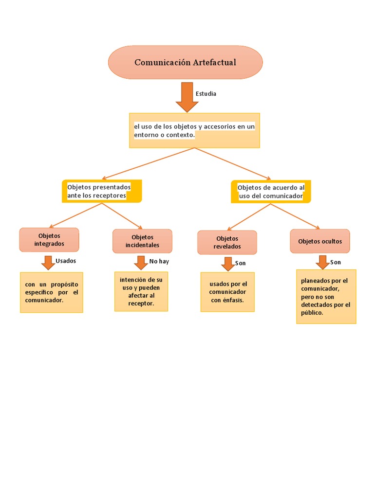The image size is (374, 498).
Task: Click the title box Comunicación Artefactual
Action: (185, 62)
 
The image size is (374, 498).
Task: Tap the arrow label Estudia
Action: (206, 93)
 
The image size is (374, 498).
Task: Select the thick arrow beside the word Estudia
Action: (187, 96)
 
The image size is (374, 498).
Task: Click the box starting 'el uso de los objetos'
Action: (194, 130)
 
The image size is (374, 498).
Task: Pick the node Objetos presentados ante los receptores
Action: (102, 191)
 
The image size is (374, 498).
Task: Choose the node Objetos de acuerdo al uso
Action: (271, 191)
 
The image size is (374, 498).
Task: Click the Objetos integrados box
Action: (49, 240)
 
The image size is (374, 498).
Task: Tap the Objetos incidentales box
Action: (142, 241)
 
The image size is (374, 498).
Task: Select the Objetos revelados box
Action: (227, 242)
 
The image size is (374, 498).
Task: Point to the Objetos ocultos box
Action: (320, 241)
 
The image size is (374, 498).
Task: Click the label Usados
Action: (66, 261)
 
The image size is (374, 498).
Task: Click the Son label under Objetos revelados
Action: (241, 263)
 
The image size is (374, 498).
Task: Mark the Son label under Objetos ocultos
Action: (336, 262)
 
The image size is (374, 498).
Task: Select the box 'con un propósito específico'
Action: (51, 292)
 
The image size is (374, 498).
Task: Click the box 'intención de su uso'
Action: (141, 292)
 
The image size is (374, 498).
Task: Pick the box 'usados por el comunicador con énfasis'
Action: (227, 292)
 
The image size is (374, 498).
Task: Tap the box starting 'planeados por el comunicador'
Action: (326, 297)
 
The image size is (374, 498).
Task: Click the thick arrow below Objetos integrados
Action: (48, 262)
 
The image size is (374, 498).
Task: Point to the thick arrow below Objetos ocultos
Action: (322, 262)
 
